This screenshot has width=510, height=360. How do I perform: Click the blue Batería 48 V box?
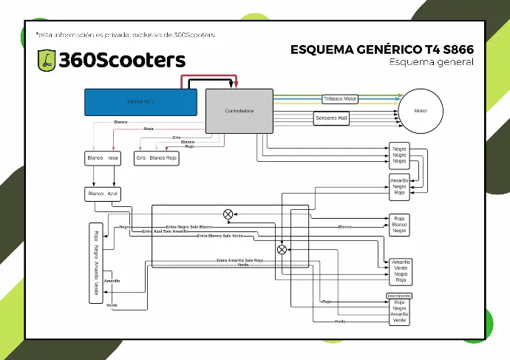(x=140, y=101)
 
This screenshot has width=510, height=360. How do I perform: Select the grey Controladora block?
(x=239, y=111)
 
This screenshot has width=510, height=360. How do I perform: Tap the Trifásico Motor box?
(x=340, y=99)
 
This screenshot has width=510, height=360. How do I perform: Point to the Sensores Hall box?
(x=331, y=118)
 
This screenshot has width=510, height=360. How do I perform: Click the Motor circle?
(x=421, y=111)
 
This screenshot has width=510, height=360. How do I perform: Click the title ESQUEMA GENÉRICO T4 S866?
(x=381, y=50)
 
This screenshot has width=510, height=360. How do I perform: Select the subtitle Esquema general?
(x=431, y=62)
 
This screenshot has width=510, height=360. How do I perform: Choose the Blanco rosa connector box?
(x=103, y=158)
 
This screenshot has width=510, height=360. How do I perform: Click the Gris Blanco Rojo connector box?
(x=156, y=158)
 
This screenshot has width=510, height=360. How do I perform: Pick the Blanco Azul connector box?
(x=103, y=194)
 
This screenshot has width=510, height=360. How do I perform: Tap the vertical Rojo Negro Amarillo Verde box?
(x=95, y=262)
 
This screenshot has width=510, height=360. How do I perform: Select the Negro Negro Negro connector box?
(x=400, y=155)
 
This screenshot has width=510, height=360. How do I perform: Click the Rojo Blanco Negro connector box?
(x=400, y=225)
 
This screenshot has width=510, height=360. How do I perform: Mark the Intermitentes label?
(x=399, y=296)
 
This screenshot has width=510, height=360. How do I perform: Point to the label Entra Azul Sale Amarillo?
(x=170, y=232)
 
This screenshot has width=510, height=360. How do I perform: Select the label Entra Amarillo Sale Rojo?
(x=239, y=260)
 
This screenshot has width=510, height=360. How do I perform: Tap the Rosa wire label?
(x=149, y=129)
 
